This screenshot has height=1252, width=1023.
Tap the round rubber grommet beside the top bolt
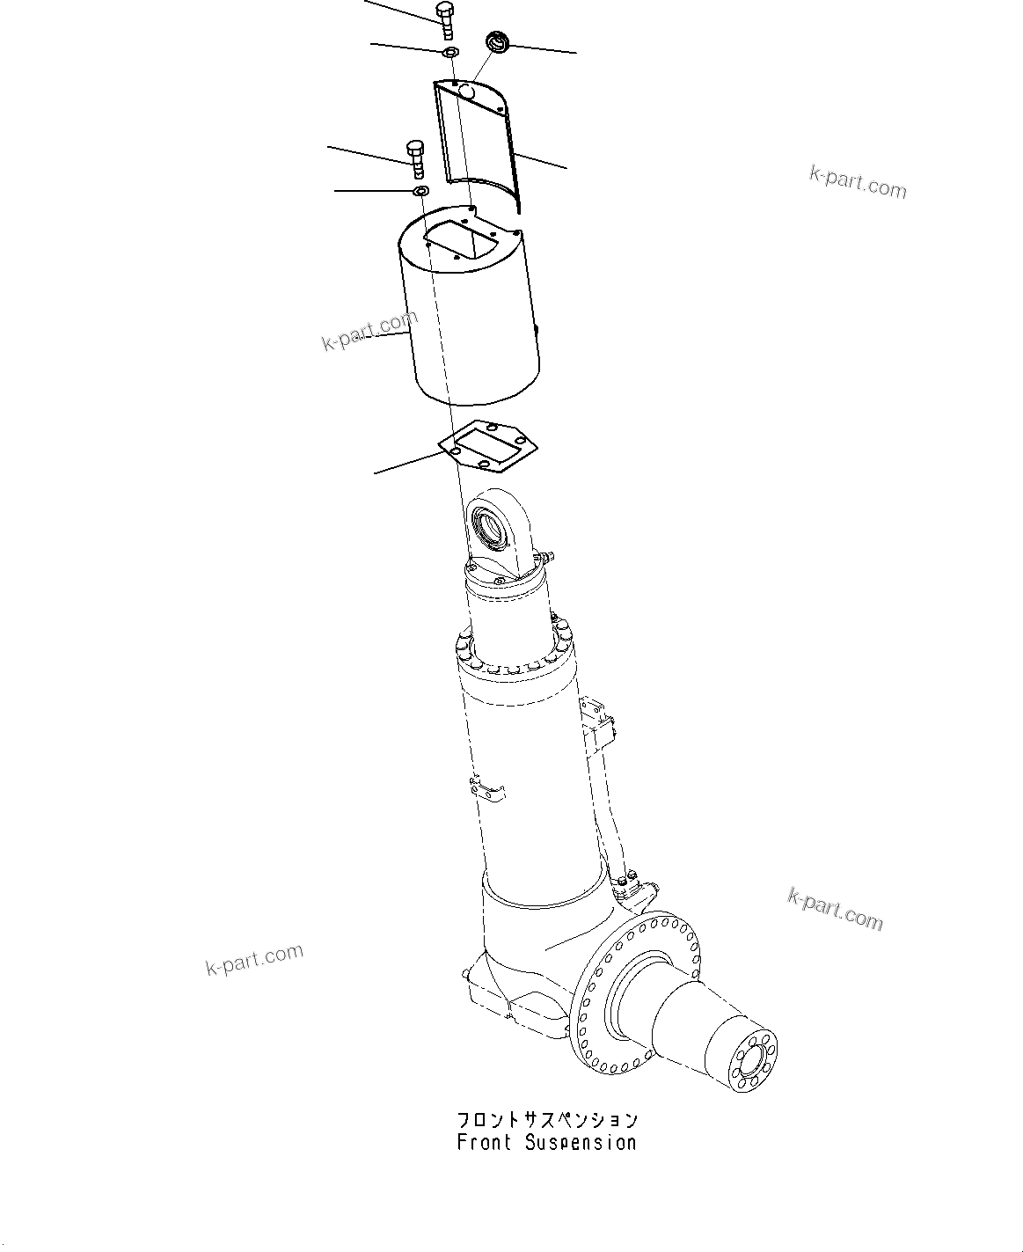pos(499,41)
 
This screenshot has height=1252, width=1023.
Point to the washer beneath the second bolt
pos(420,190)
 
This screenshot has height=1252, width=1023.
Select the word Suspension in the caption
pos(581,1143)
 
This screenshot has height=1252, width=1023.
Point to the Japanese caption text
pos(546,1120)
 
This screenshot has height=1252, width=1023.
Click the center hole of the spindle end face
pos(753,1065)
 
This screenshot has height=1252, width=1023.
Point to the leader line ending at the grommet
pos(545,48)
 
